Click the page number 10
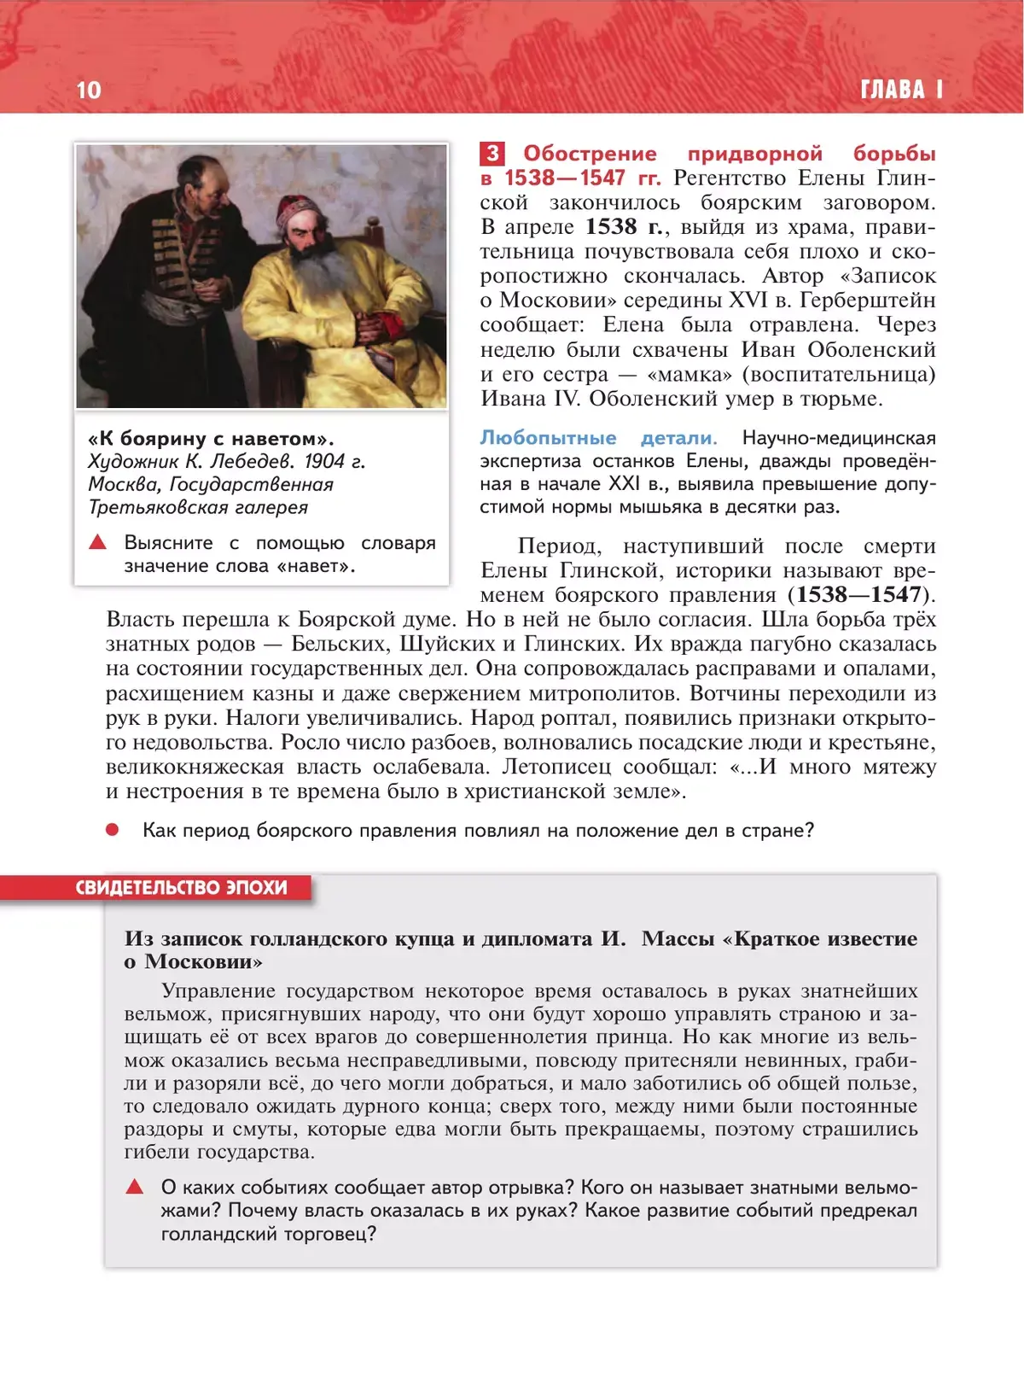point(89,90)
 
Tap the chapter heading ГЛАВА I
point(902,90)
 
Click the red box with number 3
point(492,154)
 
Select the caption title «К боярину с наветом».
point(211,439)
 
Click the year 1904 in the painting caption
point(323,462)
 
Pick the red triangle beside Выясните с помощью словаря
point(98,542)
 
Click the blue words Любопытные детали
point(598,438)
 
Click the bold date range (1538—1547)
point(861,595)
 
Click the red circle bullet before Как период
point(112,830)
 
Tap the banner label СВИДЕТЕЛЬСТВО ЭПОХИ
point(182,888)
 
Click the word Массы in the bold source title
point(678,938)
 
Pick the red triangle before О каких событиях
point(135,1187)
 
